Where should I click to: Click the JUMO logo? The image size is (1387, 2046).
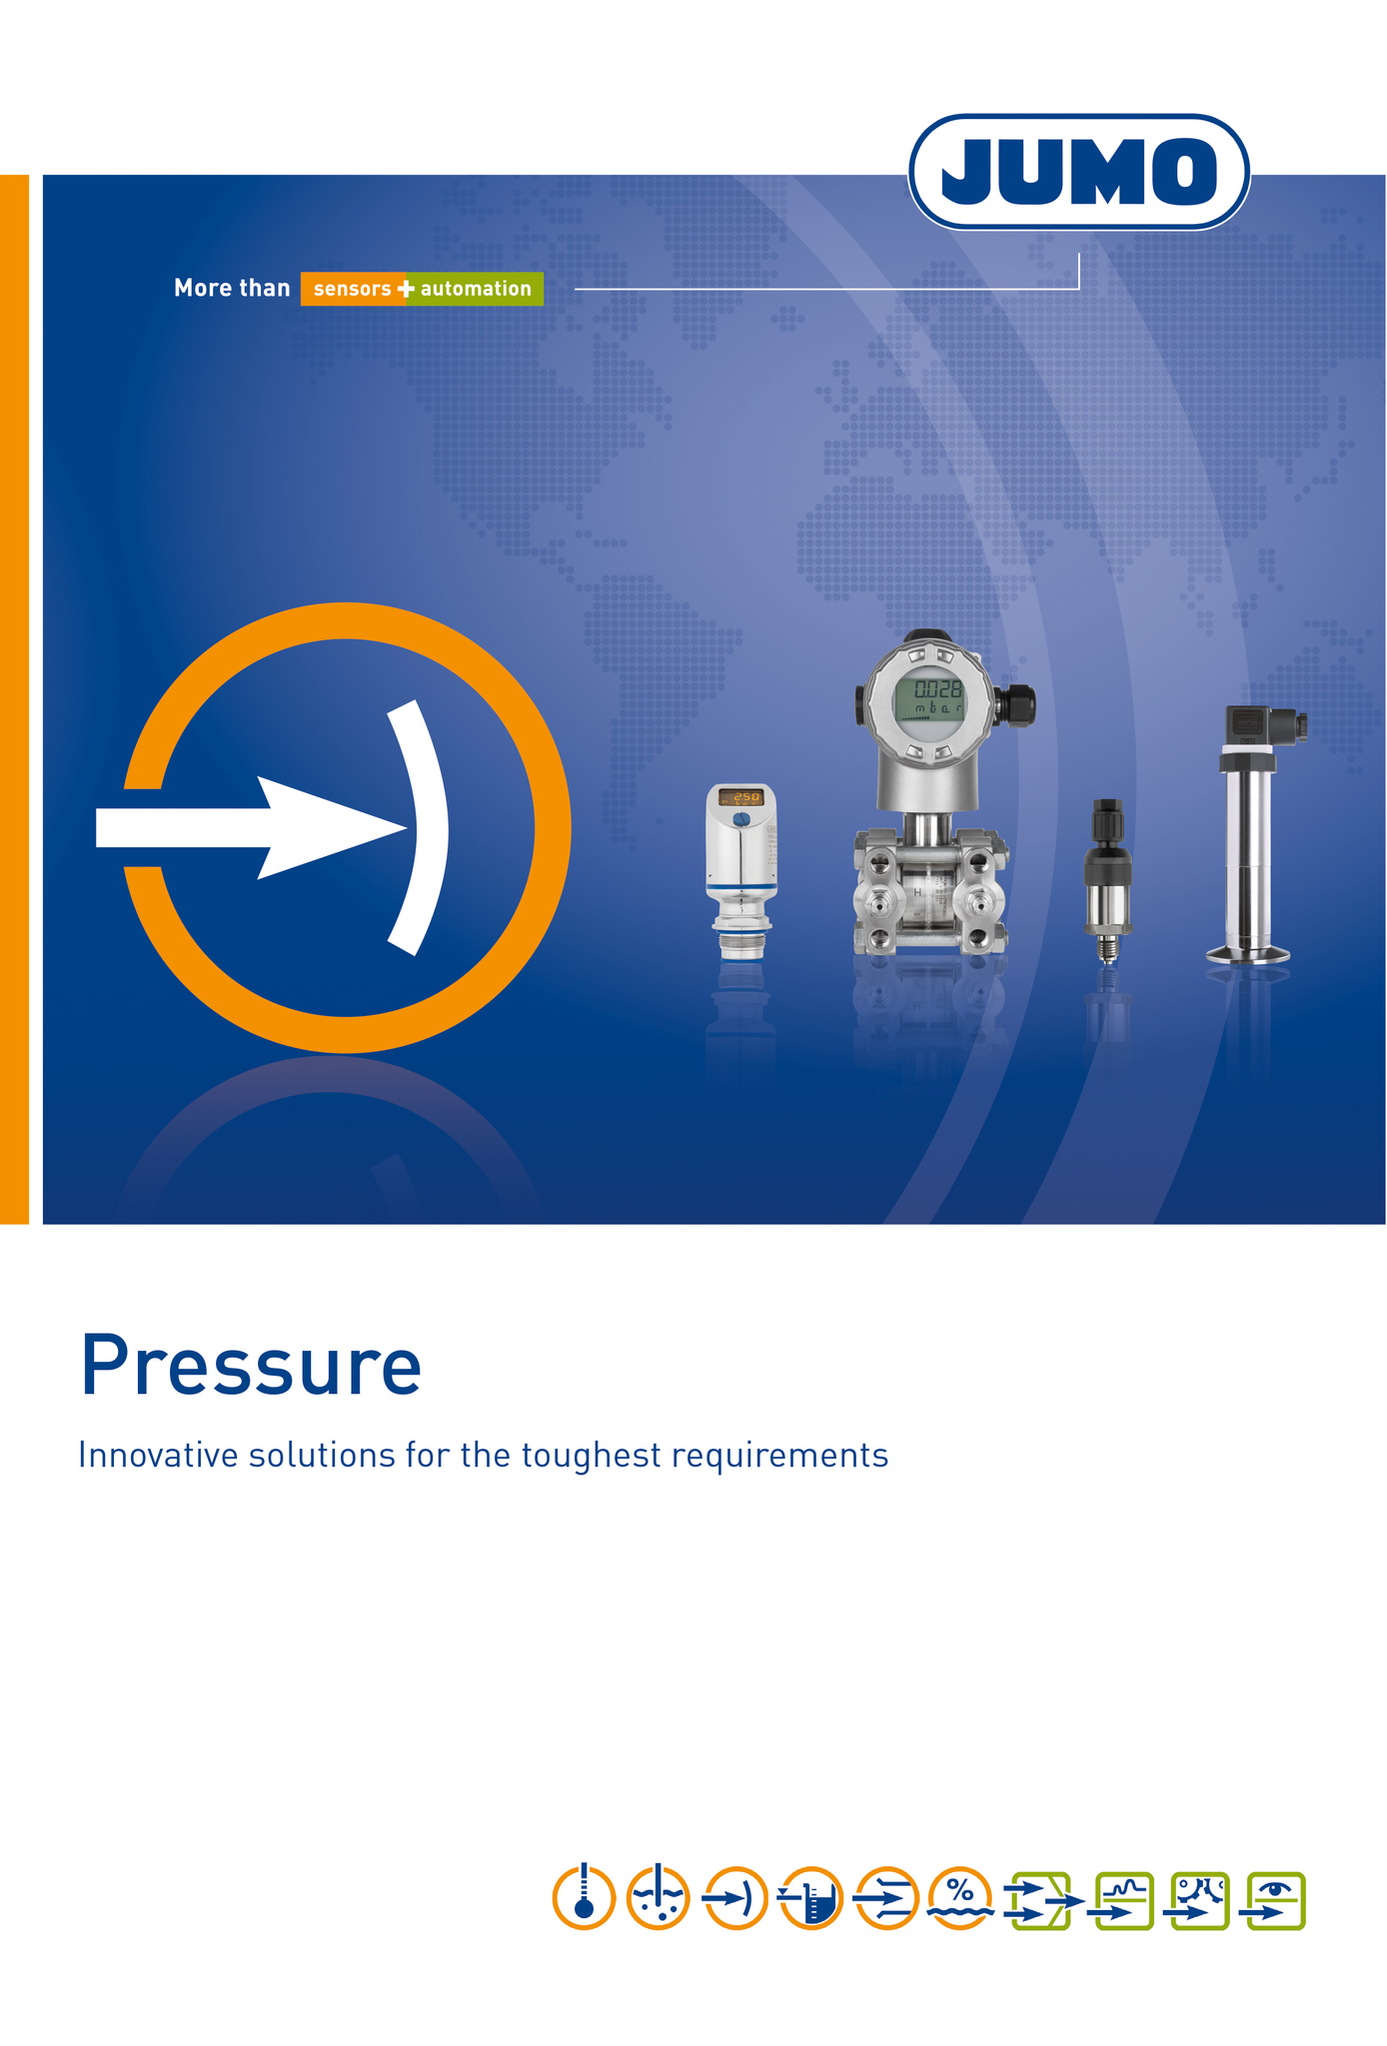pyautogui.click(x=1079, y=172)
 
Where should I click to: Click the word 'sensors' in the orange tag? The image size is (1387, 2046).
pyautogui.click(x=353, y=289)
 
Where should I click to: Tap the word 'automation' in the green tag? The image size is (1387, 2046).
pyautogui.click(x=476, y=289)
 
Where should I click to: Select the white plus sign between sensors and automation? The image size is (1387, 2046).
pyautogui.click(x=406, y=289)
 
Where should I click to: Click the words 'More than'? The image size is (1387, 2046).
pyautogui.click(x=232, y=288)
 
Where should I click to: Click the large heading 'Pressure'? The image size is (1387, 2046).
pyautogui.click(x=251, y=1366)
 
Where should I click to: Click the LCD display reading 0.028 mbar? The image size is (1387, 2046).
pyautogui.click(x=928, y=696)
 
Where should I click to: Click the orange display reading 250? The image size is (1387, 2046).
pyautogui.click(x=741, y=797)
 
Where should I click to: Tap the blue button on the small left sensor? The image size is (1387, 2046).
pyautogui.click(x=740, y=819)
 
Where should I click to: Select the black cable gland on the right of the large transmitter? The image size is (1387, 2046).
pyautogui.click(x=1015, y=704)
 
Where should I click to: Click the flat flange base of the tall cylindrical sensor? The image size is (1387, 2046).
pyautogui.click(x=1248, y=955)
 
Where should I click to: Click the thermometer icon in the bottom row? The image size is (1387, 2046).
pyautogui.click(x=584, y=1897)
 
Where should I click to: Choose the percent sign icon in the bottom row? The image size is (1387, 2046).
pyautogui.click(x=960, y=1897)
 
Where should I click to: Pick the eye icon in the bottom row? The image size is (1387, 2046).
pyautogui.click(x=1273, y=1900)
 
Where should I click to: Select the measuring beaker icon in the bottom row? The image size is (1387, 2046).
pyautogui.click(x=810, y=1897)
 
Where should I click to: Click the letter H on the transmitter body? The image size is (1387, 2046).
pyautogui.click(x=917, y=892)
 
